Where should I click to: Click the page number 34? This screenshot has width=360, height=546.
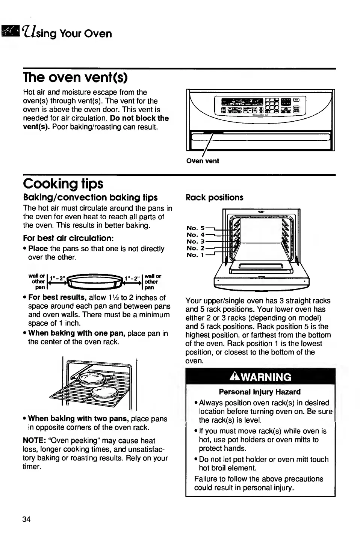coord(26,519)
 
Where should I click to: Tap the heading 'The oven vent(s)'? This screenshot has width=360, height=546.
coord(75,77)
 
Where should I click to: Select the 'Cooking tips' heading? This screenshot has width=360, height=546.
coord(63,184)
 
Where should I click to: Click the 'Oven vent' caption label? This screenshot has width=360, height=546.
coord(203,161)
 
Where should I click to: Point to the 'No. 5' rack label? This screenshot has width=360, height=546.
coord(195,228)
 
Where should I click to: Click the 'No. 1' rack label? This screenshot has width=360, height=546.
coord(195,255)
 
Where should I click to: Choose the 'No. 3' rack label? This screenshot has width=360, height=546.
coord(195,241)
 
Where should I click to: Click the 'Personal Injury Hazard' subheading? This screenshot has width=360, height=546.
coord(260,392)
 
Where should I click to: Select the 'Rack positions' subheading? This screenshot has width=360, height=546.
coord(214,198)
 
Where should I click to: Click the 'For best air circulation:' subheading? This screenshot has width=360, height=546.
coord(68,238)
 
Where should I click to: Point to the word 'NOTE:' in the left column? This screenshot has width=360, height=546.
coord(35,440)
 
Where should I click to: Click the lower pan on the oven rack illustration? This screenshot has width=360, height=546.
coord(105,393)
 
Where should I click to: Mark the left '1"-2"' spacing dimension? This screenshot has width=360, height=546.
coord(57,279)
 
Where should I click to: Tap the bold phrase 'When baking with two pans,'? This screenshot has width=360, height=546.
coord(79,419)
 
